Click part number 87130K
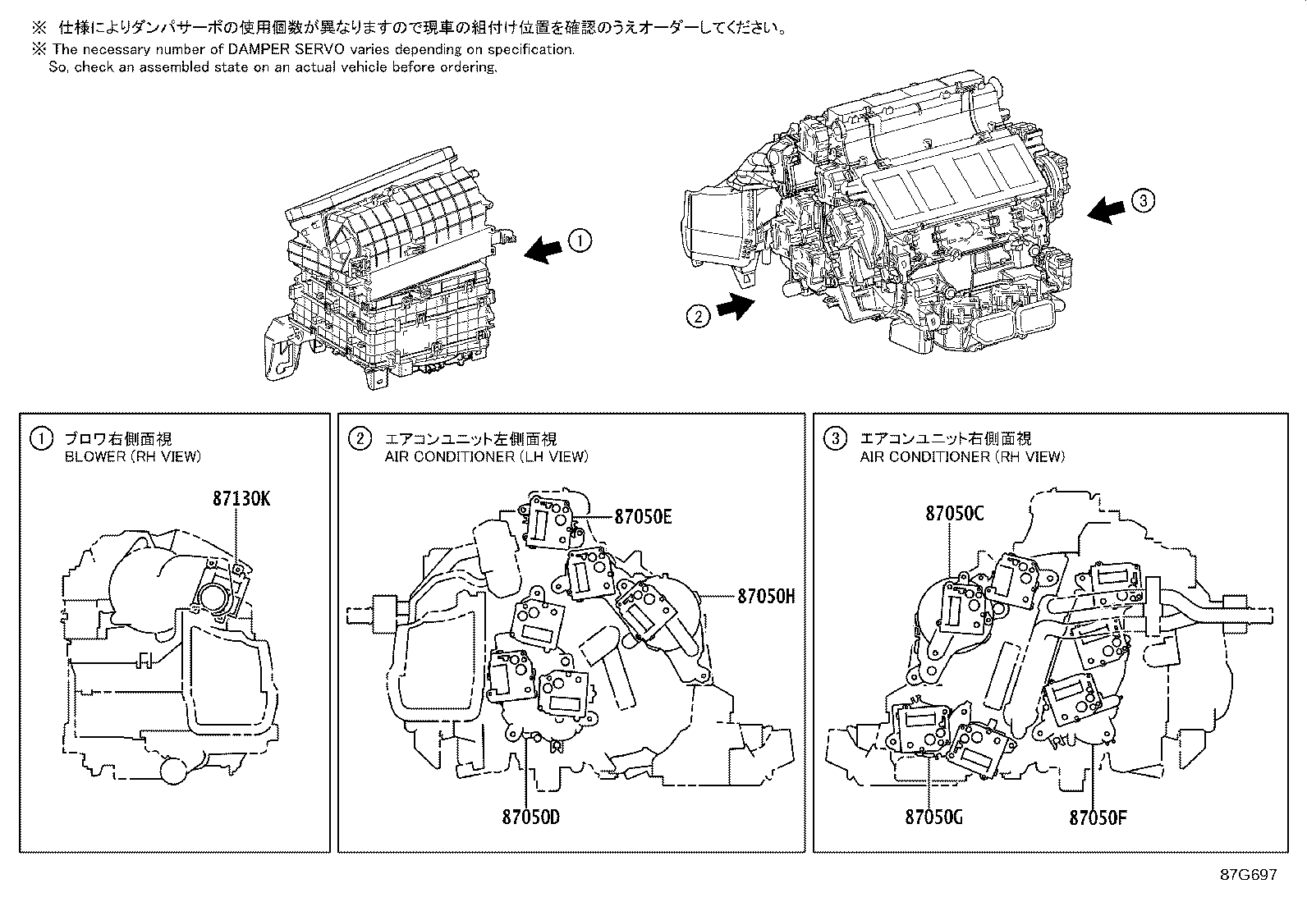[241, 498]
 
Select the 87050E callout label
[644, 516]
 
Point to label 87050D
[531, 817]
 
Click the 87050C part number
[954, 514]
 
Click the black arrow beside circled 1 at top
[544, 249]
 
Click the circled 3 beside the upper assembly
[1142, 199]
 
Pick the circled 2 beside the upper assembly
[697, 315]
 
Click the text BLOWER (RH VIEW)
[132, 457]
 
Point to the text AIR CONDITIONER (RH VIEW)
[962, 457]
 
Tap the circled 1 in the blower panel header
[39, 439]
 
